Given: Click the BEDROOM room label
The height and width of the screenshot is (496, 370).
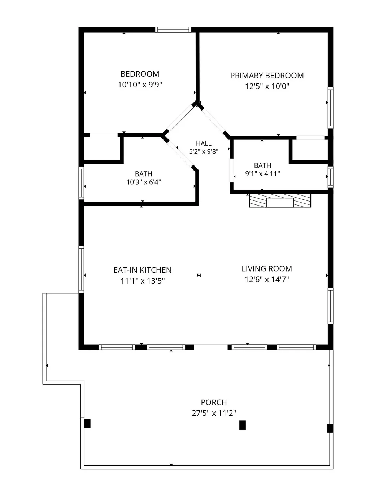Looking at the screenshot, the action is pyautogui.click(x=140, y=74).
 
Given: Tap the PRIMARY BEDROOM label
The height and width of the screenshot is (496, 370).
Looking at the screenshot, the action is pyautogui.click(x=267, y=76).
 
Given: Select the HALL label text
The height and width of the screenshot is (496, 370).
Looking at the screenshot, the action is pyautogui.click(x=204, y=143).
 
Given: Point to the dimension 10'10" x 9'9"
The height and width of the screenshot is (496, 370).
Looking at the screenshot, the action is pyautogui.click(x=140, y=85).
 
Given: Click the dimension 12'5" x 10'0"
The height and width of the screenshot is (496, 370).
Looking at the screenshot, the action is pyautogui.click(x=267, y=86).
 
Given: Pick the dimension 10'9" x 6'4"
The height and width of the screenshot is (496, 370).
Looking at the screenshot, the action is pyautogui.click(x=144, y=182).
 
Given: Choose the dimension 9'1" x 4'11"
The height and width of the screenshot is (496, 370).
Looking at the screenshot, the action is pyautogui.click(x=262, y=174).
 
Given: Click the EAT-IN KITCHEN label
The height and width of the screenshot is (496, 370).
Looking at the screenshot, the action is pyautogui.click(x=143, y=270).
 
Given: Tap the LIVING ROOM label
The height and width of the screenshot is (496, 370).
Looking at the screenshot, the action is pyautogui.click(x=267, y=269).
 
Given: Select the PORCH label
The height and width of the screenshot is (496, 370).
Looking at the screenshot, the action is pyautogui.click(x=214, y=402).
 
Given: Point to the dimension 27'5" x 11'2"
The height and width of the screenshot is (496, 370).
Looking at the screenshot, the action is pyautogui.click(x=214, y=413).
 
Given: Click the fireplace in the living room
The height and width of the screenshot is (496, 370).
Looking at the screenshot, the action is pyautogui.click(x=280, y=200).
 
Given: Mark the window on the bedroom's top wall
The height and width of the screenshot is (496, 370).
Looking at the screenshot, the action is pyautogui.click(x=173, y=30).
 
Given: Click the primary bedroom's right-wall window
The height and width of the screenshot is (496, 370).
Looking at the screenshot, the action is pyautogui.click(x=330, y=108).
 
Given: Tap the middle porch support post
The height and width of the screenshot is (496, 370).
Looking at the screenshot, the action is pyautogui.click(x=243, y=425).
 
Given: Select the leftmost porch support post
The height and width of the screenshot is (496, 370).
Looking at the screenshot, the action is pyautogui.click(x=87, y=424).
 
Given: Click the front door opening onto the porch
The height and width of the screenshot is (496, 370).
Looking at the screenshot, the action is pyautogui.click(x=210, y=347).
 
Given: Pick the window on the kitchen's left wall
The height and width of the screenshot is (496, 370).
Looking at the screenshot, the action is pyautogui.click(x=81, y=269).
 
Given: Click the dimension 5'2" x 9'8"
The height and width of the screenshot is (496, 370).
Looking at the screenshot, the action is pyautogui.click(x=204, y=151).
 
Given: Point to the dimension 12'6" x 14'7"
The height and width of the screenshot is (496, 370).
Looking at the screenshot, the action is pyautogui.click(x=267, y=280).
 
